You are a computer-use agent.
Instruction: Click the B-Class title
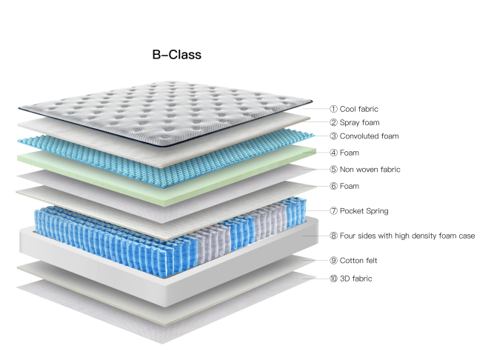coord(176,55)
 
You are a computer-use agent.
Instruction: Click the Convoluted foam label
coord(369,136)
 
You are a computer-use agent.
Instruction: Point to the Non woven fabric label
coord(370,170)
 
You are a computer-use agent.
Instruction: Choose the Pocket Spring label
coord(364,211)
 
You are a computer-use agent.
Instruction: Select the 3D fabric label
coord(356,279)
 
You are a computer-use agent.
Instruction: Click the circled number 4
coord(334,153)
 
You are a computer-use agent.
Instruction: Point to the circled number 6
coord(334,186)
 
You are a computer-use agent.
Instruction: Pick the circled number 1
coord(334,109)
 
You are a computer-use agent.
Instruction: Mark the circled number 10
coord(334,279)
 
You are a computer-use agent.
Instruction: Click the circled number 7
coord(334,211)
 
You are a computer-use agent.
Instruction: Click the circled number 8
coord(334,236)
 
